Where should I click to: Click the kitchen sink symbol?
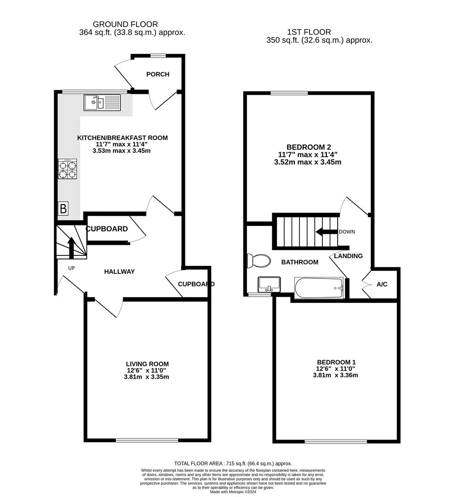(102, 102)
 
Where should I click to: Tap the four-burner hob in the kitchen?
(67, 169)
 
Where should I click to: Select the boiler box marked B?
(63, 208)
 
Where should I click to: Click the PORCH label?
(158, 74)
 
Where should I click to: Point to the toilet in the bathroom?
(258, 261)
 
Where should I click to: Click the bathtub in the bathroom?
(319, 288)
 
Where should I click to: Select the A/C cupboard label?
(382, 284)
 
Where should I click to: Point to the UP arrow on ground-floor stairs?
(71, 247)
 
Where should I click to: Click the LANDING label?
(348, 256)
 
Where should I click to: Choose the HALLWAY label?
(120, 272)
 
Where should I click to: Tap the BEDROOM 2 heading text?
(309, 147)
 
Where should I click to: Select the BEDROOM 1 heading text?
(335, 362)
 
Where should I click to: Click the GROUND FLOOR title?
(125, 24)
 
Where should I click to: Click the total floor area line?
(233, 463)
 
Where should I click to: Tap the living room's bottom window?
(147, 440)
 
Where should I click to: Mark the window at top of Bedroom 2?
(289, 93)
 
